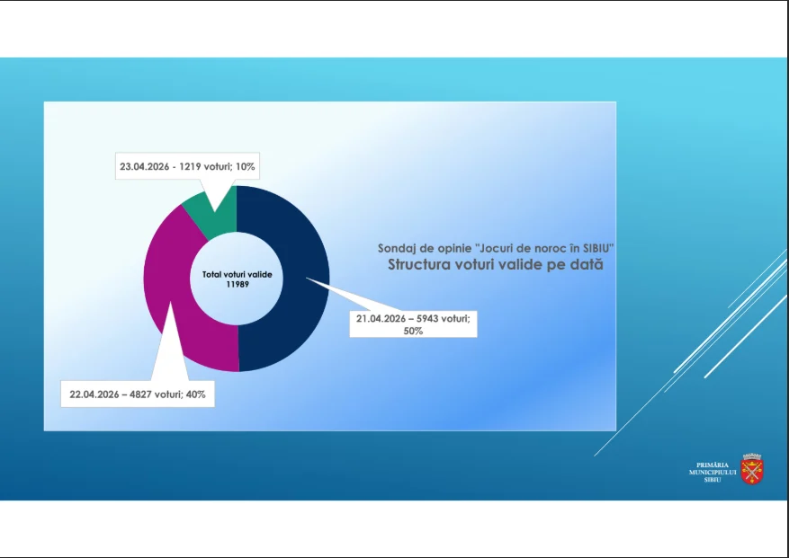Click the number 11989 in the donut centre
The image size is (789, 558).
238,285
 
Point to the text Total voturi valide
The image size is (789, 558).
237,274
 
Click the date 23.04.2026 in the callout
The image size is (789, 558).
145,166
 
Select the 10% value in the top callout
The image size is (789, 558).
245,166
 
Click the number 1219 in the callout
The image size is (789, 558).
190,166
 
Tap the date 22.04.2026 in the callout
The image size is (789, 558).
94,394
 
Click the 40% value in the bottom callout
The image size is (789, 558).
196,394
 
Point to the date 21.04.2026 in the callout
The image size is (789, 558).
381,319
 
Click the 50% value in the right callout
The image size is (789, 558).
413,332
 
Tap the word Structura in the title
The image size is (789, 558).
419,264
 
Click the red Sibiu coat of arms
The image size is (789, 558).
752,469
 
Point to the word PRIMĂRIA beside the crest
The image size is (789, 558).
713,465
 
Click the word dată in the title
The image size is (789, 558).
587,264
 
